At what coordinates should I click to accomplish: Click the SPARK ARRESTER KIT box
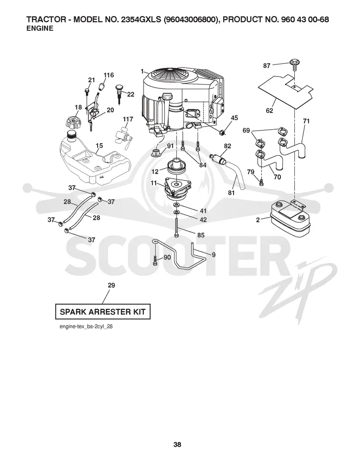click(103, 312)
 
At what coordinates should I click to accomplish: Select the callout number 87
click(267, 65)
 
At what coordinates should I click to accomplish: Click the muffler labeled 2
click(290, 219)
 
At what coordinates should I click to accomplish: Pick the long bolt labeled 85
click(177, 227)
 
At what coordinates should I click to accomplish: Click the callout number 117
click(128, 119)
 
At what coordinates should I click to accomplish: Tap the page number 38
click(177, 444)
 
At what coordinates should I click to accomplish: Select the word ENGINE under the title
click(40, 28)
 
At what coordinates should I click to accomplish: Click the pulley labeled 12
click(176, 167)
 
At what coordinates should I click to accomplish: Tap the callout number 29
click(111, 285)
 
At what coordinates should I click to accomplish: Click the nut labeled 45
click(222, 131)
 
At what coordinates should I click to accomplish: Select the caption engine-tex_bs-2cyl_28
click(86, 326)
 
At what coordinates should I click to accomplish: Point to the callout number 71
click(306, 121)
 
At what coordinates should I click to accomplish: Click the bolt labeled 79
click(261, 182)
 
